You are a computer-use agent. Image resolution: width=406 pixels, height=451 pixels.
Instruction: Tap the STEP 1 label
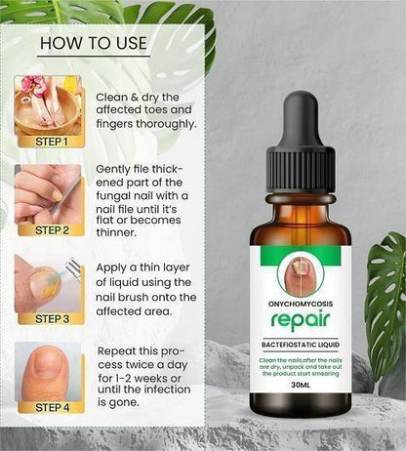[x=50, y=142]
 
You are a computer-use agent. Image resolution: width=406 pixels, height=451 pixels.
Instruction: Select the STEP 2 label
[x=50, y=231]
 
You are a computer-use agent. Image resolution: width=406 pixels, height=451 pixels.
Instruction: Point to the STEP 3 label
[x=50, y=318]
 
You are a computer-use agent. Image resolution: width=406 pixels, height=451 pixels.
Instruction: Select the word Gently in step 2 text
[x=116, y=169]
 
